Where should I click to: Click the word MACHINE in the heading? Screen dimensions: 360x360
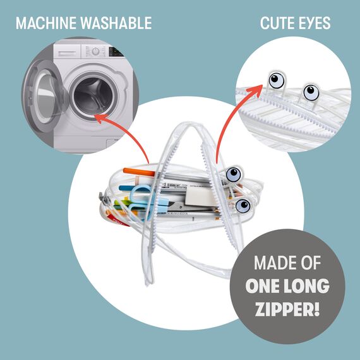point(46,23)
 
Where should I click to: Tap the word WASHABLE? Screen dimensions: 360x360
point(116,23)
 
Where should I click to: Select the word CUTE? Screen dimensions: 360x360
point(275,23)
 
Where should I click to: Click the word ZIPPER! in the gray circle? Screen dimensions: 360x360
point(287,309)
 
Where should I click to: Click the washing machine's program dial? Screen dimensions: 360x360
point(95,51)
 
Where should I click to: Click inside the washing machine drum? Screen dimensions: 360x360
point(93,96)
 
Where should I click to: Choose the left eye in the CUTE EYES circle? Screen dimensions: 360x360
point(277,80)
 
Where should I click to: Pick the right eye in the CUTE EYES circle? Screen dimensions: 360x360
point(311,92)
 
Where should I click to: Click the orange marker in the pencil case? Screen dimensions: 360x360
point(139,172)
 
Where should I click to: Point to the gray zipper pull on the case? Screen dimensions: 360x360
point(103,199)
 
